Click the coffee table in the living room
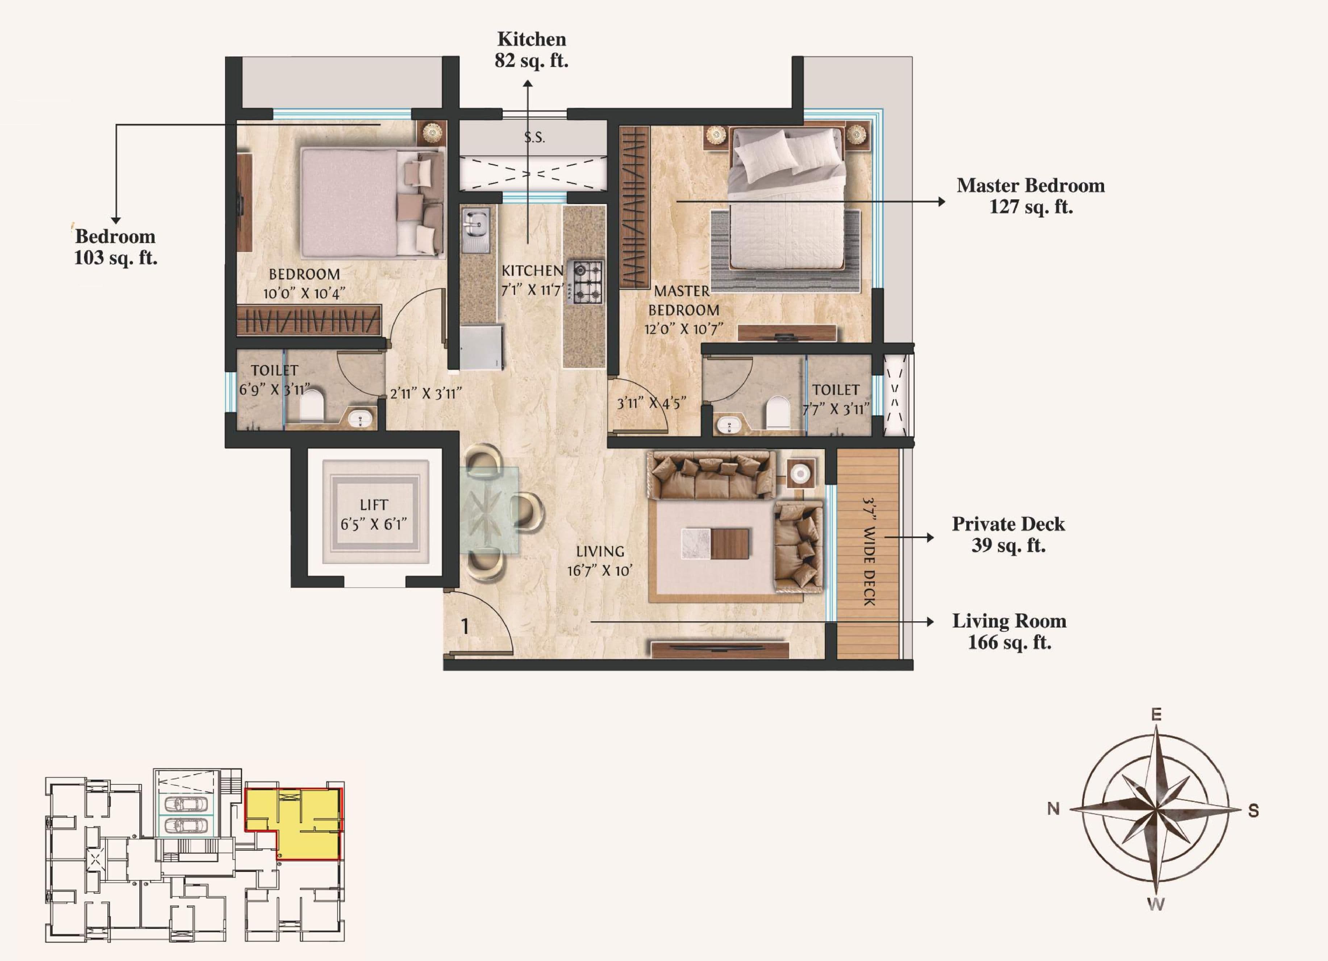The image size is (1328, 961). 715,543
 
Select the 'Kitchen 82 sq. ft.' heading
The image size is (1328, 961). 531,50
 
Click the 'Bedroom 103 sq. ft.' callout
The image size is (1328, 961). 115,247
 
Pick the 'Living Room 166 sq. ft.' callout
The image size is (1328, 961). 1008,631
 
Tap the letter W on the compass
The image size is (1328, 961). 1155,904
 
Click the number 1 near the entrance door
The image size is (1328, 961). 465,627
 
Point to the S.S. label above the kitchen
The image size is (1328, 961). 534,138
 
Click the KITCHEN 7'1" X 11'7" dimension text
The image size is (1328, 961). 532,279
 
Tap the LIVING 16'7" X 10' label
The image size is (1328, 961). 600,560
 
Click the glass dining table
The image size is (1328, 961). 490,509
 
